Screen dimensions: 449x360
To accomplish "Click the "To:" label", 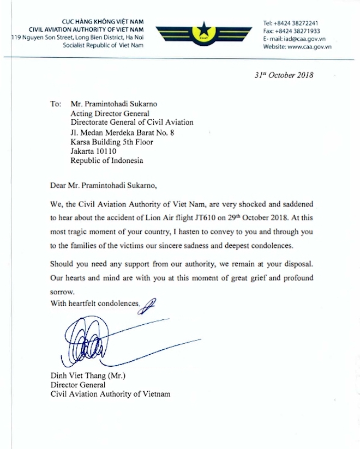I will [x=56, y=103].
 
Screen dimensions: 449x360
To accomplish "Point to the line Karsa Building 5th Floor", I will [x=112, y=141].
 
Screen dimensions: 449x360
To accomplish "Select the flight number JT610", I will [x=205, y=216].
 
